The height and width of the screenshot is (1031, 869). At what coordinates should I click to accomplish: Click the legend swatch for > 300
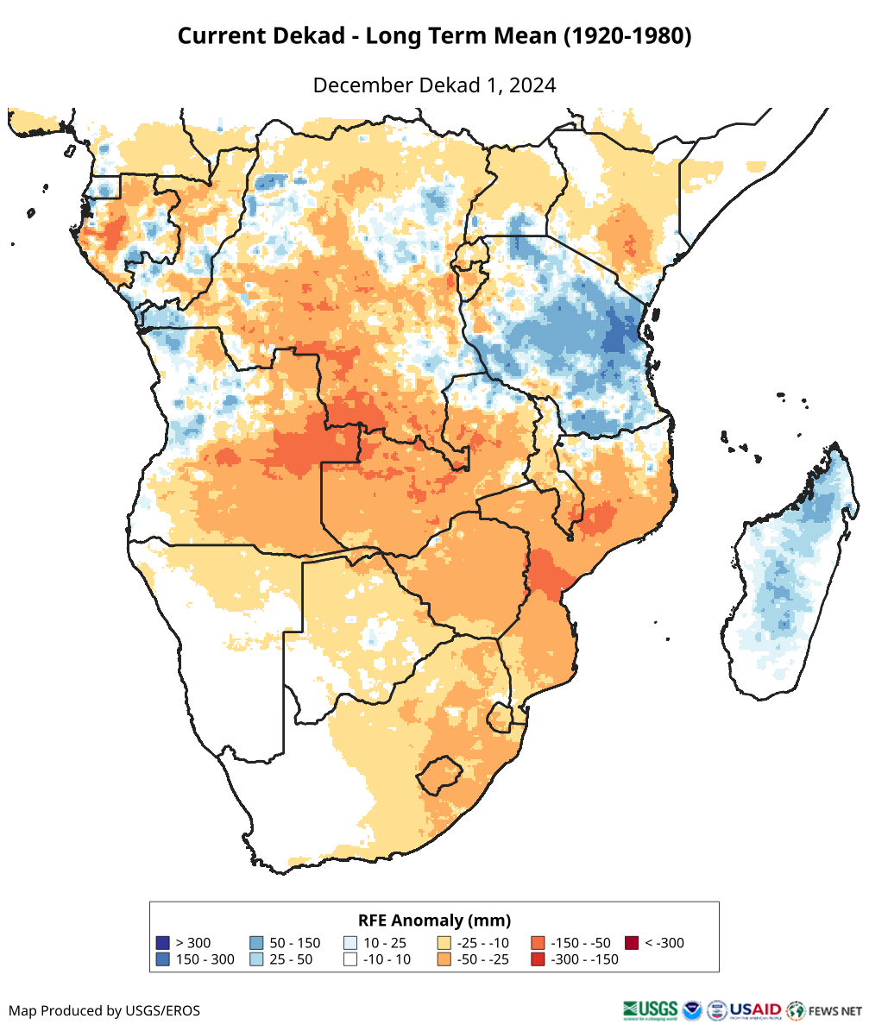162,943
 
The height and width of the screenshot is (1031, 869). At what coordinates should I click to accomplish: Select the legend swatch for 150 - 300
162,959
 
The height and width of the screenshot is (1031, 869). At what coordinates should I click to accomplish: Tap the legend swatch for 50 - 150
256,943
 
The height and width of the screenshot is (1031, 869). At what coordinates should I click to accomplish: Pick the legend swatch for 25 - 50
256,959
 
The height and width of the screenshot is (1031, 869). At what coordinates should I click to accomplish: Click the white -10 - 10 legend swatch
350,959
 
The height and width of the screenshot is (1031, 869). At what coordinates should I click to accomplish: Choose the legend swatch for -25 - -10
444,943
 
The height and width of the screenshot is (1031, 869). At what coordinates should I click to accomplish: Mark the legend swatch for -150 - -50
538,943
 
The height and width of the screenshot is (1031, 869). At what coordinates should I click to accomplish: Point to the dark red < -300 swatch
632,943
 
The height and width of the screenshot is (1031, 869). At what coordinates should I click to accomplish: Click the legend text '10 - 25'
386,943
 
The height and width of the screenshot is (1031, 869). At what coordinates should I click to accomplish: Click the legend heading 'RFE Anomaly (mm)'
434,920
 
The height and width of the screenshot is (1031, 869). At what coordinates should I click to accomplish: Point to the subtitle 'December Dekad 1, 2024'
434,85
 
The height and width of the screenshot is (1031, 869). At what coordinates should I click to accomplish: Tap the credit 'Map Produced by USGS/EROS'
104,1010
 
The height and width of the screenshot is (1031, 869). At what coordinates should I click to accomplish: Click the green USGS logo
650,1009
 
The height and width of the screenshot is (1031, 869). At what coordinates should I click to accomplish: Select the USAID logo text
755,1009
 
